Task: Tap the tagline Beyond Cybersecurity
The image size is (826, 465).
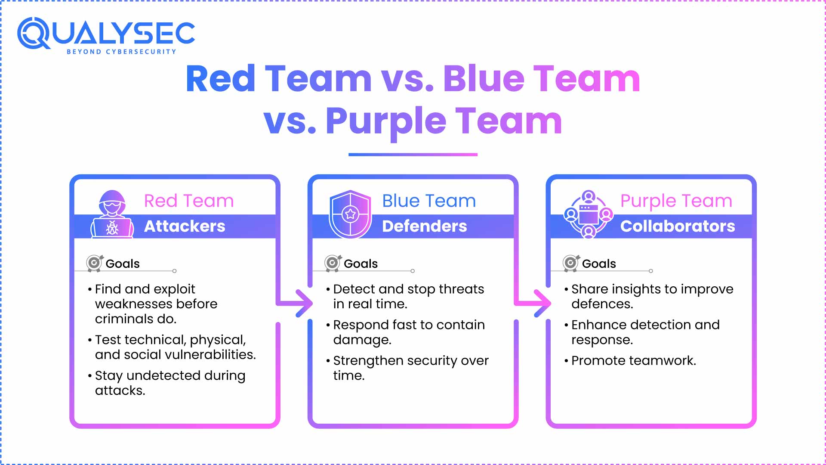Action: pyautogui.click(x=121, y=52)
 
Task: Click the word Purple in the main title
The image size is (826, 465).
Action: pyautogui.click(x=386, y=121)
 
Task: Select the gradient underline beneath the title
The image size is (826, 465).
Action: pyautogui.click(x=413, y=155)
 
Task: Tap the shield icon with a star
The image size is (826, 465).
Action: pyautogui.click(x=350, y=214)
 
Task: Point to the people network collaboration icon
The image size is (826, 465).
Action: pyautogui.click(x=588, y=214)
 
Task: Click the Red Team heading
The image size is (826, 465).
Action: pyautogui.click(x=188, y=201)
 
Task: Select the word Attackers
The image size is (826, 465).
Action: pyautogui.click(x=185, y=226)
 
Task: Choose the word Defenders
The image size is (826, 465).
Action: pyautogui.click(x=424, y=226)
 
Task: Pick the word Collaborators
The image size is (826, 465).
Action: pyautogui.click(x=678, y=226)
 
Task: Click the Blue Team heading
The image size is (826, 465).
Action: pyautogui.click(x=429, y=201)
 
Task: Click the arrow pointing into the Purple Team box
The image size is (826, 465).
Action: pyautogui.click(x=540, y=303)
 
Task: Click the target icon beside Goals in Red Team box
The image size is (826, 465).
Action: pyautogui.click(x=94, y=263)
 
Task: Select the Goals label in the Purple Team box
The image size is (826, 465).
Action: pyautogui.click(x=599, y=263)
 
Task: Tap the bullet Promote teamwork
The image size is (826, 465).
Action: pyautogui.click(x=633, y=360)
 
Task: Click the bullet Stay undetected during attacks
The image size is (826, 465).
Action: pyautogui.click(x=170, y=383)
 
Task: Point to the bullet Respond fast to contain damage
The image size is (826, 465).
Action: pyautogui.click(x=409, y=332)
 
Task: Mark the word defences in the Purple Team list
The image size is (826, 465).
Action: pyautogui.click(x=602, y=304)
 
